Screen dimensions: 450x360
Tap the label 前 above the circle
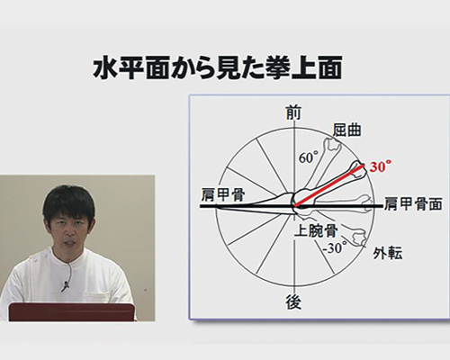pyautogui.click(x=292, y=113)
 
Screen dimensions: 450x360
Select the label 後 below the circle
pyautogui.click(x=293, y=301)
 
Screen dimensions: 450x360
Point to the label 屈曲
pyautogui.click(x=346, y=130)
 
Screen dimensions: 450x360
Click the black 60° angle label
pyautogui.click(x=308, y=157)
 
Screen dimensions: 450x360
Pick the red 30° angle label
pyautogui.click(x=380, y=166)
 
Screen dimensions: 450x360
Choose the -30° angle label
pyautogui.click(x=335, y=248)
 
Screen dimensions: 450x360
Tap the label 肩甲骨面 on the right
pyautogui.click(x=413, y=204)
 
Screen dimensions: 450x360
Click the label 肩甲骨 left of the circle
pyautogui.click(x=223, y=195)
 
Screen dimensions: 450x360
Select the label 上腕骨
pyautogui.click(x=316, y=230)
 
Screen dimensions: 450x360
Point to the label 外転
pyautogui.click(x=387, y=254)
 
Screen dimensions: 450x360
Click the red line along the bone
pyautogui.click(x=329, y=185)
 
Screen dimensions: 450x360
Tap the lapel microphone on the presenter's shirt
pyautogui.click(x=66, y=285)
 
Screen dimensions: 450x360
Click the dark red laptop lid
pyautogui.click(x=71, y=312)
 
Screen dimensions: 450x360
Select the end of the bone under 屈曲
pyautogui.click(x=333, y=144)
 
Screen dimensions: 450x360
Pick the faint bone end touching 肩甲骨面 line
pyautogui.click(x=366, y=203)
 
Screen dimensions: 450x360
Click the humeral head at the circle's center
pyautogui.click(x=301, y=201)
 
